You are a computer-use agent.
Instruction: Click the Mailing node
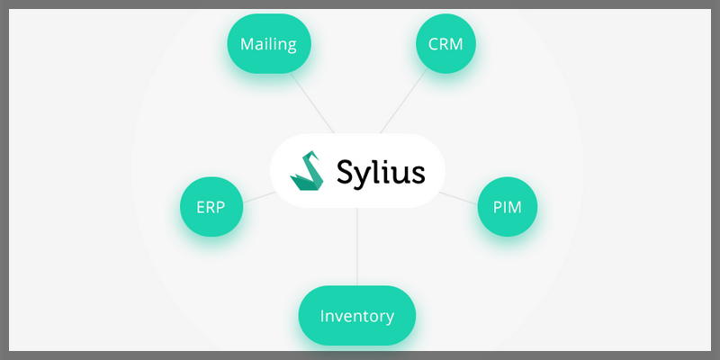coord(268,43)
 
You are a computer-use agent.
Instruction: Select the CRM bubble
coord(445,43)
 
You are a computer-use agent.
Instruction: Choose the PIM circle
coord(507,206)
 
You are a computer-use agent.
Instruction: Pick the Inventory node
coord(357,316)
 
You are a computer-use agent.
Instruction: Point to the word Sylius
coord(379,170)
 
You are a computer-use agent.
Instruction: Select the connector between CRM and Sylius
coord(402,104)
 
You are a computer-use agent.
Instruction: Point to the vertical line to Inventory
coord(357,247)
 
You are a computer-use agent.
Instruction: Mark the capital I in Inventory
coord(322,316)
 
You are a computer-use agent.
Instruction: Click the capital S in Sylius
coord(346,170)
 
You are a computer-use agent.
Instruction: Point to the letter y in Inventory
coord(389,318)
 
